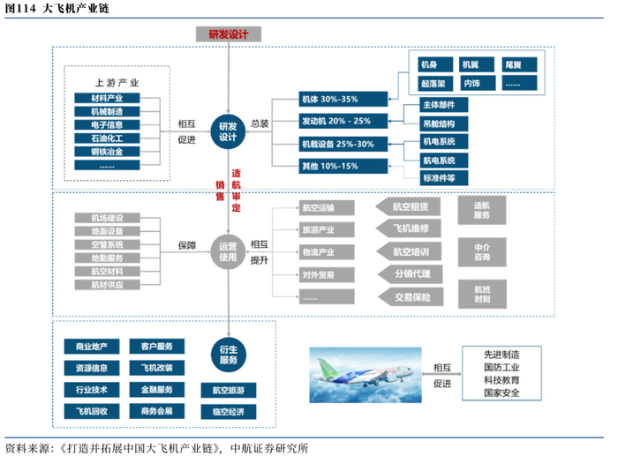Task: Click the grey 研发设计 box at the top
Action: pyautogui.click(x=229, y=34)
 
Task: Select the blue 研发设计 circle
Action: pyautogui.click(x=228, y=131)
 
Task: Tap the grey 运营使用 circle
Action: pyautogui.click(x=228, y=251)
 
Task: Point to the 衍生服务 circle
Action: pyautogui.click(x=229, y=355)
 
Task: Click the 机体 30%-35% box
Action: pyautogui.click(x=343, y=100)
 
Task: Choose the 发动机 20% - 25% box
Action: pyautogui.click(x=343, y=122)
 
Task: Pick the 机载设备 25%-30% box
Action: pyautogui.click(x=343, y=144)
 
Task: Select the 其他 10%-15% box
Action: pyautogui.click(x=343, y=166)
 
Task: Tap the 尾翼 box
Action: pyautogui.click(x=519, y=64)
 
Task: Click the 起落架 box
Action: pyautogui.click(x=435, y=84)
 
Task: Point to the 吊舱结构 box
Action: pyautogui.click(x=443, y=123)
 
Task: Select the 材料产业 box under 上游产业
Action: pyautogui.click(x=107, y=98)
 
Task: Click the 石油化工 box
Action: pyautogui.click(x=107, y=138)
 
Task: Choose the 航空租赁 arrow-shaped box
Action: pyautogui.click(x=408, y=206)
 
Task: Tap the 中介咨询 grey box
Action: pyautogui.click(x=482, y=252)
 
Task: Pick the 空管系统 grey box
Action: pyautogui.click(x=107, y=244)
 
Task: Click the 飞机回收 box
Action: pyautogui.click(x=92, y=412)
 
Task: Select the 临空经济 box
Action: pyautogui.click(x=228, y=412)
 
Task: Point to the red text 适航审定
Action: pyautogui.click(x=236, y=191)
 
